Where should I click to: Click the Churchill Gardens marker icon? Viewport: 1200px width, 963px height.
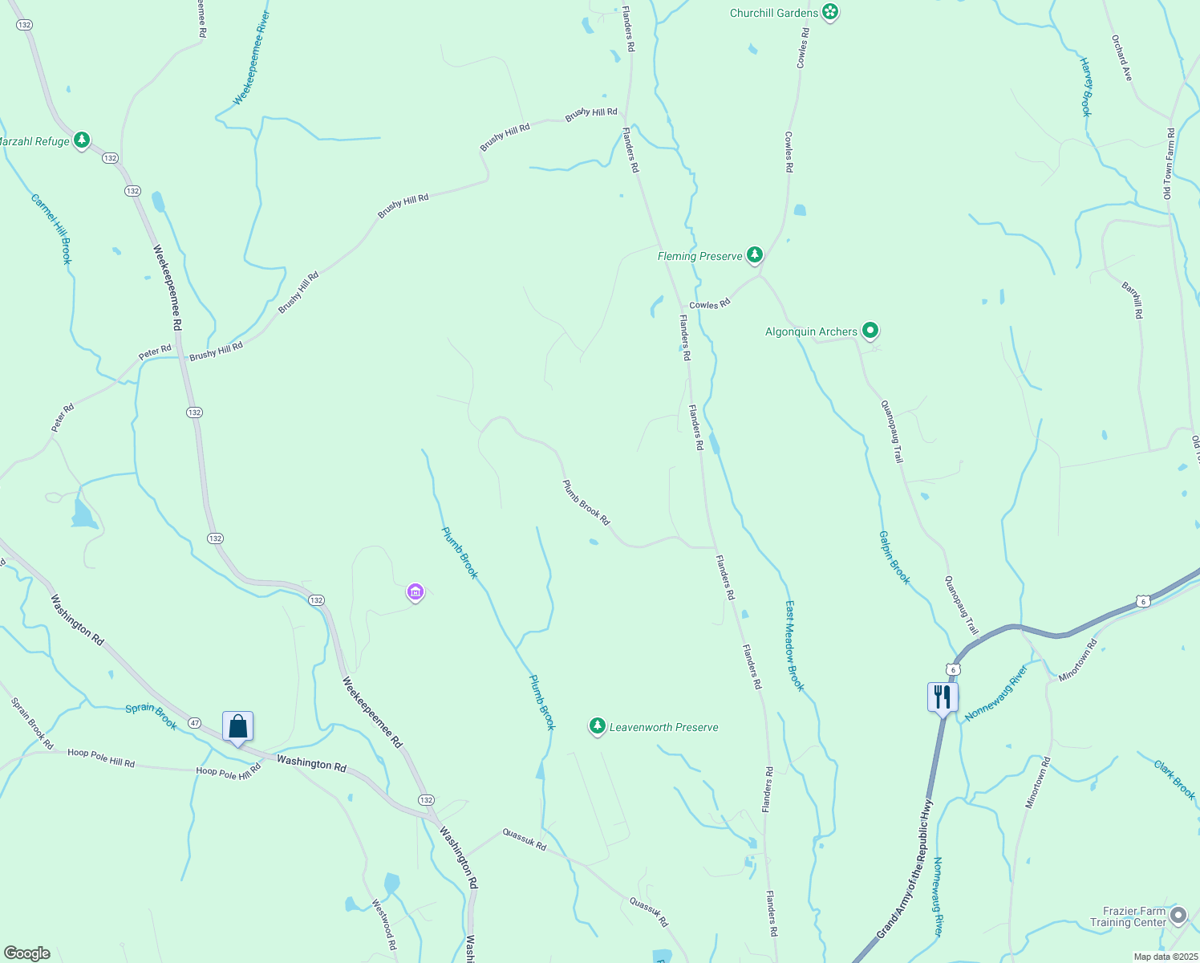click(830, 12)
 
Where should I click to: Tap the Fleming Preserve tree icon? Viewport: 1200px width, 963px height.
click(754, 255)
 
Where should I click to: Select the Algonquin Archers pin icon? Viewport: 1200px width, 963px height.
click(870, 331)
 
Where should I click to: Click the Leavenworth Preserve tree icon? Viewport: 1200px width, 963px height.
click(597, 726)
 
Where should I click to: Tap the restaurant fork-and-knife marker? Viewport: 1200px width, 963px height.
click(943, 697)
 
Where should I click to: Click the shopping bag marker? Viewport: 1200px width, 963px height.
click(237, 726)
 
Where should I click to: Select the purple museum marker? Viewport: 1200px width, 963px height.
click(415, 593)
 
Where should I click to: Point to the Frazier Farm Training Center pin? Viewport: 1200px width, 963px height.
click(1178, 915)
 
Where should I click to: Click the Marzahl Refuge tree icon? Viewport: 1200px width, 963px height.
click(81, 140)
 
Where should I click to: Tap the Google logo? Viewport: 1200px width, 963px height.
click(26, 953)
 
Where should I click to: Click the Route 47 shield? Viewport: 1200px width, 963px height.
click(195, 723)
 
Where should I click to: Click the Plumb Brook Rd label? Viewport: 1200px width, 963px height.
click(586, 503)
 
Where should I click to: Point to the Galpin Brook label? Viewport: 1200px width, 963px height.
click(894, 558)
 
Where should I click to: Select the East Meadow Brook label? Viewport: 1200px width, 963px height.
click(794, 645)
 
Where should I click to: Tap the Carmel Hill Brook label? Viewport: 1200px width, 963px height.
click(52, 229)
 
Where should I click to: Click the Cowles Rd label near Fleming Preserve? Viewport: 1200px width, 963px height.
click(710, 304)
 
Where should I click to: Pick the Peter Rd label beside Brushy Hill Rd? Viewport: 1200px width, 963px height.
click(155, 351)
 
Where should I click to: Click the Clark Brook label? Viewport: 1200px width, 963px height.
click(1174, 779)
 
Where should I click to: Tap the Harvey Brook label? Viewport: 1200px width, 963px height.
click(1086, 87)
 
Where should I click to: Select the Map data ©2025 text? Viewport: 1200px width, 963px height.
click(1165, 957)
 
